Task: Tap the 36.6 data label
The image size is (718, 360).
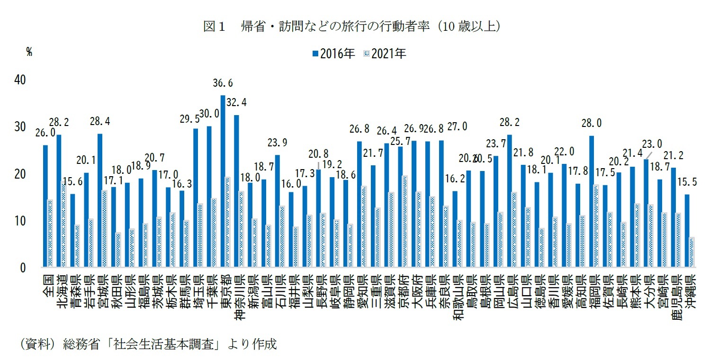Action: tap(223, 83)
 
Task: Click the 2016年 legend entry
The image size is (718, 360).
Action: tap(333, 54)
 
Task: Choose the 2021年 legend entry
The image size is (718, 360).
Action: tap(384, 54)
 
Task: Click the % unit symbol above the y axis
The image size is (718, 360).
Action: tap(29, 53)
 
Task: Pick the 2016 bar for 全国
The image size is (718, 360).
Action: tap(45, 206)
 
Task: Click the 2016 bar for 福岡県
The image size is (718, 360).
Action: tap(592, 201)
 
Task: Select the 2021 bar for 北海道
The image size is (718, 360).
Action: tap(63, 225)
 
